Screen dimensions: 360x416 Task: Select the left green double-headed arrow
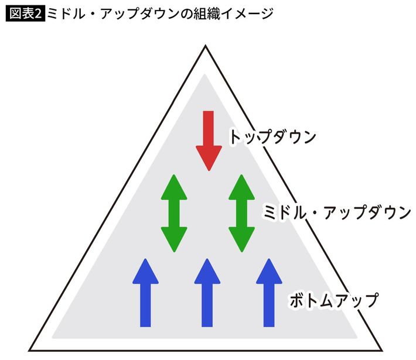tap(173, 213)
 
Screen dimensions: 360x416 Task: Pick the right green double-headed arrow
tap(241, 213)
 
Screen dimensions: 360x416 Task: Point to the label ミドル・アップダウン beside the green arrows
tap(337, 212)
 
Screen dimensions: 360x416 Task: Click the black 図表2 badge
tap(23, 13)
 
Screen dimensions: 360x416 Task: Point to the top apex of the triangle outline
tap(205, 47)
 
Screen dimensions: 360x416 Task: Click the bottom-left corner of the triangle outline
tap(30, 351)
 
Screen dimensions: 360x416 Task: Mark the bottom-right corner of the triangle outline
tap(380, 351)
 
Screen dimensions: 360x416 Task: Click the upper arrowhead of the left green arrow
tap(173, 186)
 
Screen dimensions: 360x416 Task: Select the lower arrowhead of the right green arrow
tap(241, 240)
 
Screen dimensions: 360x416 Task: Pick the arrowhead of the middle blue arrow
tap(207, 270)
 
